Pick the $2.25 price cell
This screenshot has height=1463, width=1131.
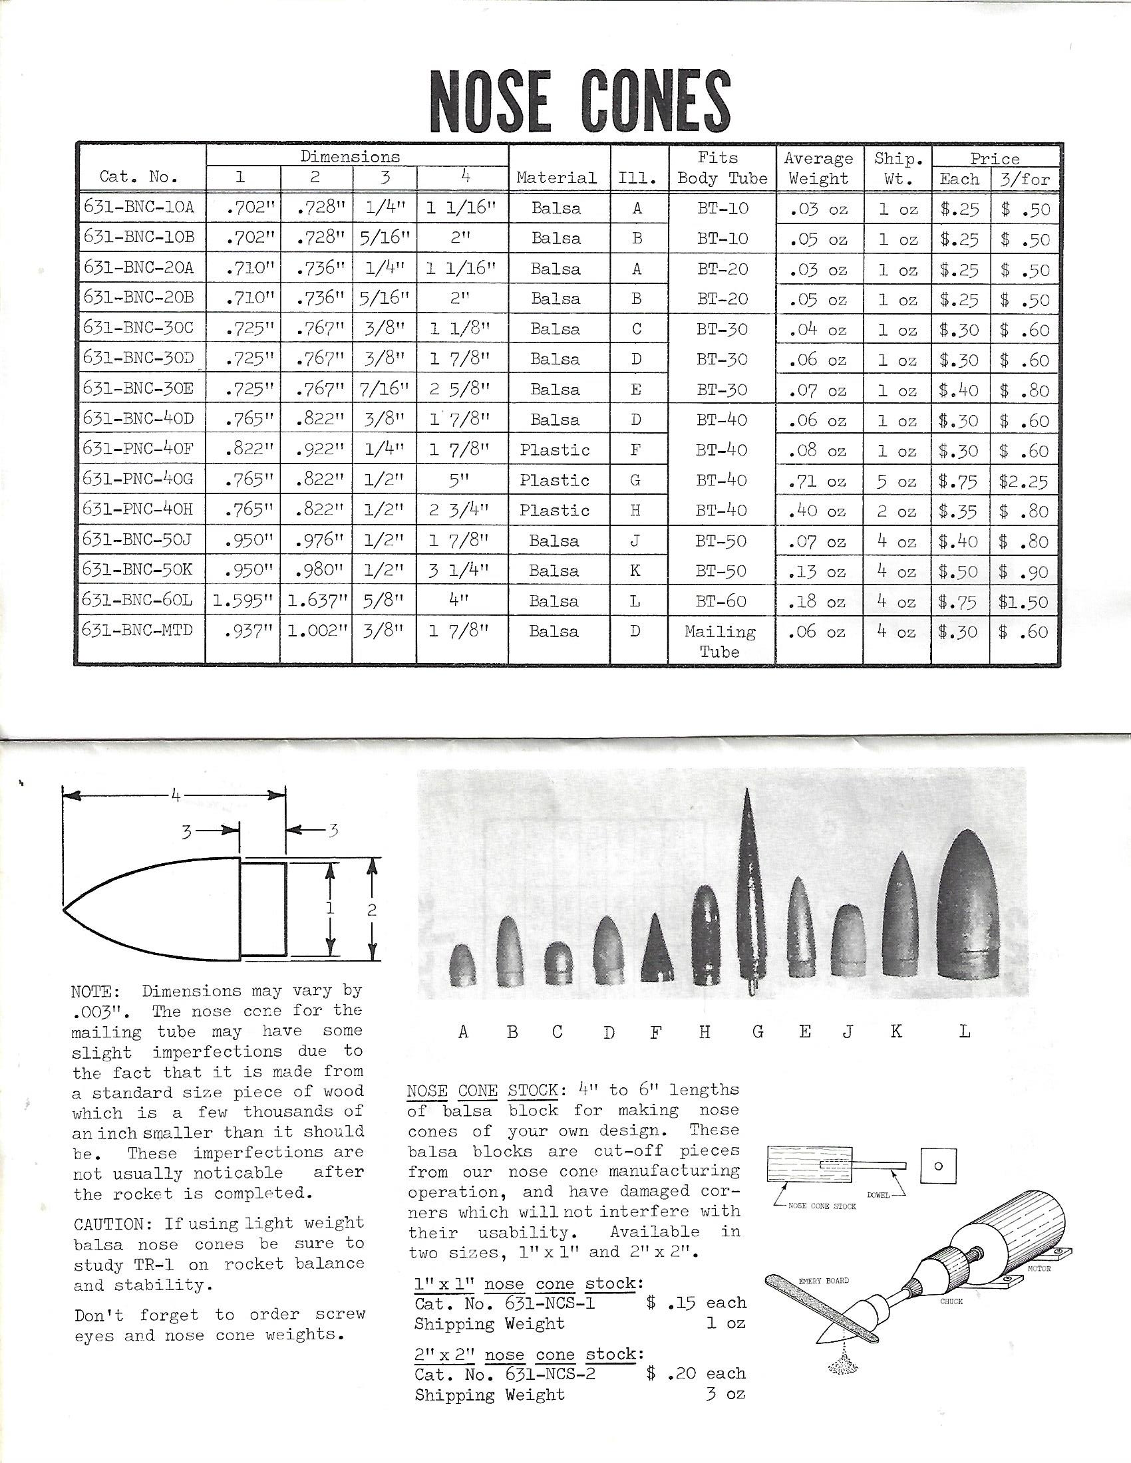(1024, 481)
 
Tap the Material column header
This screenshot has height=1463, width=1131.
(556, 178)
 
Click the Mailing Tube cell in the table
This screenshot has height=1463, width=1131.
(721, 641)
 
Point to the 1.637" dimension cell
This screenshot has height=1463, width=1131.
(317, 601)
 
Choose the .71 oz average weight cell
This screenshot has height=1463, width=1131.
(818, 481)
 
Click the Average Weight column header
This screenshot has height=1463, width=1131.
(819, 168)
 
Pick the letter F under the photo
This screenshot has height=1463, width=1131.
(655, 1032)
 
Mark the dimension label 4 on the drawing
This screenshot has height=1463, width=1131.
(175, 796)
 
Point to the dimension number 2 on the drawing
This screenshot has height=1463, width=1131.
(372, 910)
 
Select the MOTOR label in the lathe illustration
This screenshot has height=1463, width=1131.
(1039, 1268)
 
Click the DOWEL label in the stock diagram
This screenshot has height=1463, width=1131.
(878, 1195)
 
